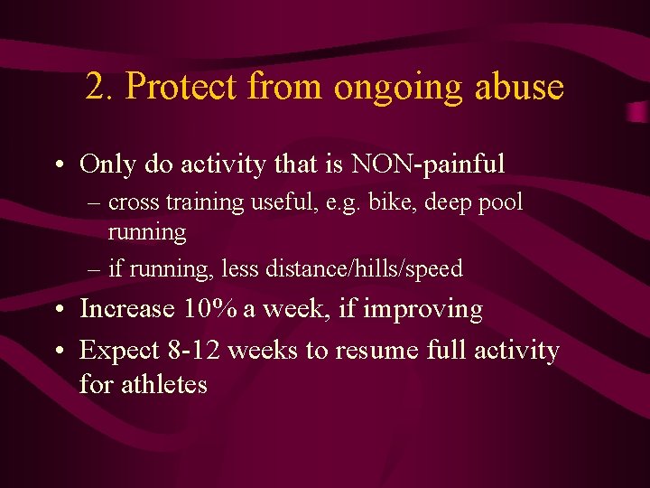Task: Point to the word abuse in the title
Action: (518, 88)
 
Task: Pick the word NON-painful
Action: (428, 164)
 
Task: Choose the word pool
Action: (499, 203)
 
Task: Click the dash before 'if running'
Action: (97, 269)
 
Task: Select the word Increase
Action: (127, 309)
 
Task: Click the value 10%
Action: (209, 309)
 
